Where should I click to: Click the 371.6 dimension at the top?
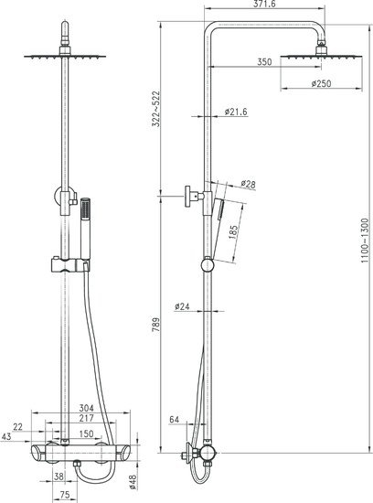264,4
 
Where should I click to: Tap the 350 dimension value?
264,61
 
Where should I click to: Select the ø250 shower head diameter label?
321,83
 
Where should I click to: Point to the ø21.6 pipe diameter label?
236,112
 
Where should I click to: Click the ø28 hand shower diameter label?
249,184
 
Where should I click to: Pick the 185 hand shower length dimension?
233,232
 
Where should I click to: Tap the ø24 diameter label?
182,306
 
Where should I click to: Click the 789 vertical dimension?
155,325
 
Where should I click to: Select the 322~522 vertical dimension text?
155,109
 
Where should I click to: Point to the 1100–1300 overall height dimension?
365,241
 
